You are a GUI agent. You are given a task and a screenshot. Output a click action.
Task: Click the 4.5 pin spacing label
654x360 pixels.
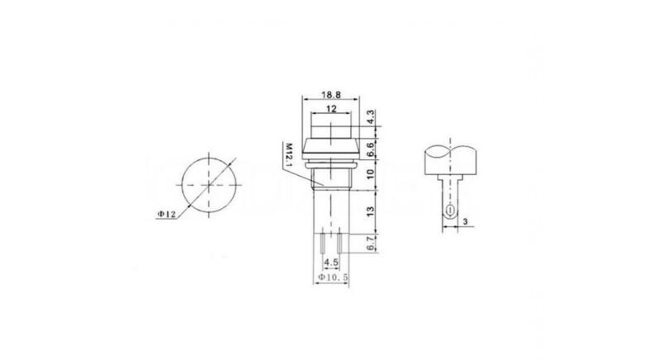(x=330, y=263)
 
